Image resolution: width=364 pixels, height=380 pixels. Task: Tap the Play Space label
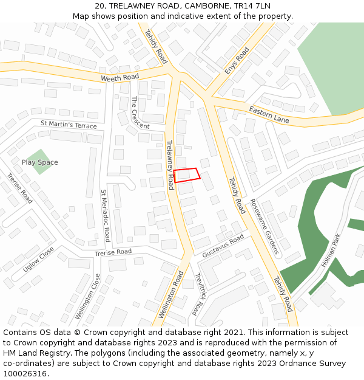coord(40,162)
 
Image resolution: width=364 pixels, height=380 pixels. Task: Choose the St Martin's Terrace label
coord(69,125)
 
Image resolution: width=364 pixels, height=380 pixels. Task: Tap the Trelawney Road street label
coord(170,161)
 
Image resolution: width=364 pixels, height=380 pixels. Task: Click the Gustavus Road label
coord(223,245)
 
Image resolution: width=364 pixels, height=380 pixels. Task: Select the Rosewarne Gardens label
coord(264,227)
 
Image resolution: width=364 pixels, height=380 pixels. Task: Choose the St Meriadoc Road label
coord(105,215)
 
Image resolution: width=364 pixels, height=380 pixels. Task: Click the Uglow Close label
coord(38,260)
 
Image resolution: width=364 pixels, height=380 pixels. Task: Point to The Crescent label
coord(140,112)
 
